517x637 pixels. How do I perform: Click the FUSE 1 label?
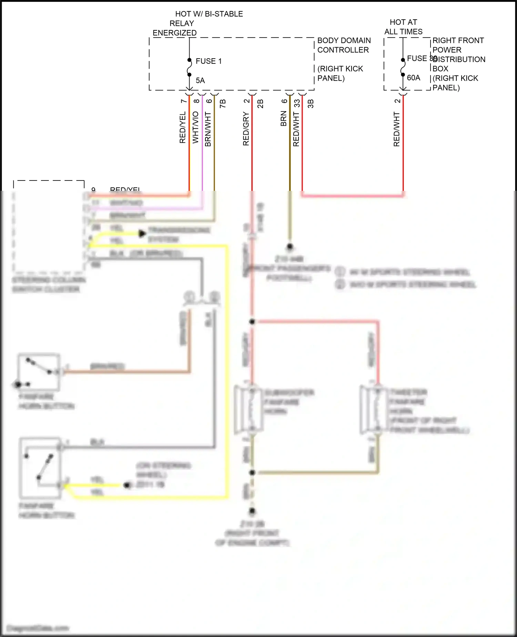[209, 61]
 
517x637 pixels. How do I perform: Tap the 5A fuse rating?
[200, 80]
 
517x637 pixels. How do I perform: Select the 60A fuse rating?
[413, 78]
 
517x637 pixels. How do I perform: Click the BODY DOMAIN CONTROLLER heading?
[344, 45]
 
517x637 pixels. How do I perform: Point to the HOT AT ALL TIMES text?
[403, 27]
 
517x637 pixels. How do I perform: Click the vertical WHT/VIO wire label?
[195, 127]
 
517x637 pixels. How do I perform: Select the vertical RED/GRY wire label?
[246, 128]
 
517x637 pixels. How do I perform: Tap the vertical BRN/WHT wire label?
[208, 129]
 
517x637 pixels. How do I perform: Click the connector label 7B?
[223, 103]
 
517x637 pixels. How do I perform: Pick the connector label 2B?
[260, 103]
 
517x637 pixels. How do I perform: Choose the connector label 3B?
[310, 104]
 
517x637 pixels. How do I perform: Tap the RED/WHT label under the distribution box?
[396, 129]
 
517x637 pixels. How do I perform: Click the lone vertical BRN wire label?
[283, 118]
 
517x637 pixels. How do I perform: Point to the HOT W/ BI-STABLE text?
[209, 14]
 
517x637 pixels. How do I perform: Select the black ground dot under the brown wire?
[290, 246]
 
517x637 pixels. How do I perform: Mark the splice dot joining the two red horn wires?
[252, 322]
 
